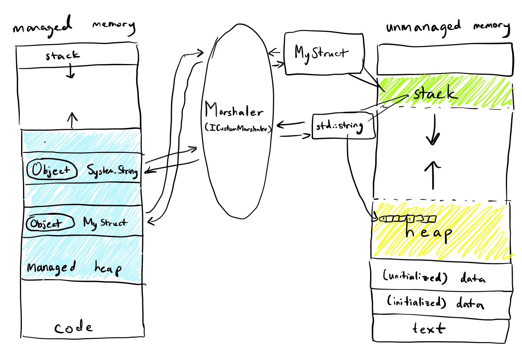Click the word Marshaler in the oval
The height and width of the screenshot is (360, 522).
234,111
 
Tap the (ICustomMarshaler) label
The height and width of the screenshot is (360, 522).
238,128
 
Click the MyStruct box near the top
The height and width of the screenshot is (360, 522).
323,53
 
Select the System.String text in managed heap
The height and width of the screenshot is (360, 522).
112,171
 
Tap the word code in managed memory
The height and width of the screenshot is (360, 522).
73,327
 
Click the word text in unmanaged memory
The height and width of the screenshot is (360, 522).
429,329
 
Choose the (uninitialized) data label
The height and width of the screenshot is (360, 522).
434,276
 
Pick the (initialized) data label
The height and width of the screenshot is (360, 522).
435,302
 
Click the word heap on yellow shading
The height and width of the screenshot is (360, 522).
428,232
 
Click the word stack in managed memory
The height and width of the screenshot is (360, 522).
63,56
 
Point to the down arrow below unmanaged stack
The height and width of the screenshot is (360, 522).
433,130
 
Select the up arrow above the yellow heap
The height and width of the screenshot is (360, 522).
433,174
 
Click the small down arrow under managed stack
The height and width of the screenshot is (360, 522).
70,72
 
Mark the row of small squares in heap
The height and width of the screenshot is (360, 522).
408,219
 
